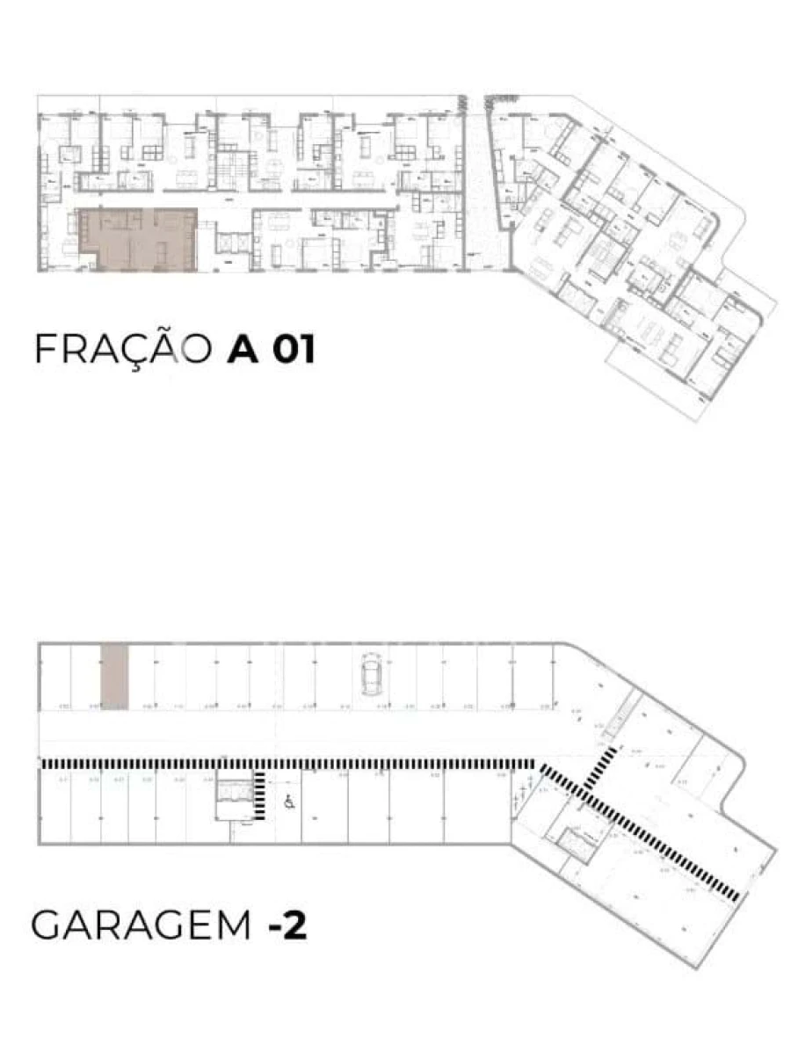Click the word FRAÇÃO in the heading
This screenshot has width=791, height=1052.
click(124, 349)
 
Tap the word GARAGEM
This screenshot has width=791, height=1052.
click(141, 925)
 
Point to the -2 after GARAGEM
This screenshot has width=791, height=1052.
click(287, 926)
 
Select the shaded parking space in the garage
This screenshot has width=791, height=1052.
click(114, 675)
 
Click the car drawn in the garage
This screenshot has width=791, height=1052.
click(370, 675)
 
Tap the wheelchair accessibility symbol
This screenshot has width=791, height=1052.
click(288, 801)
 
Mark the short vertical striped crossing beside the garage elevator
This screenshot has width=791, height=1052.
click(262, 794)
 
